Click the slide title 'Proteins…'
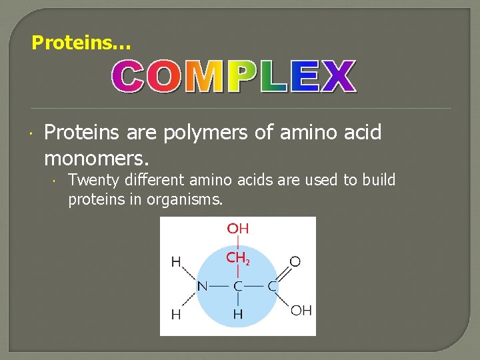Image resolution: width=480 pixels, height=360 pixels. coord(81,43)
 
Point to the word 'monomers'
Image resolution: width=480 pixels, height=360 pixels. coord(95,159)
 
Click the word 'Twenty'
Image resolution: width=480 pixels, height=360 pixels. coord(93,180)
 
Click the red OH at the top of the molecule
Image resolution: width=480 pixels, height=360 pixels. coord(237,229)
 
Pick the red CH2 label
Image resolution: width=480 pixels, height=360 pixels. coord(237,258)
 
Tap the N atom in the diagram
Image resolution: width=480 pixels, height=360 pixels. coord(202,287)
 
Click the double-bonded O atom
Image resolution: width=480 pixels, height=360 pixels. coord(295,262)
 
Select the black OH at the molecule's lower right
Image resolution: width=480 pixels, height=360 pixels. coord(301,311)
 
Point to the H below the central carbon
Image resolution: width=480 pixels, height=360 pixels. coord(237,313)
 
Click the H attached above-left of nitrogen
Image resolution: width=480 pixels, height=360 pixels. coord(176,262)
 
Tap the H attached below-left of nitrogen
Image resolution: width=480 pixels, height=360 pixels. coord(176,314)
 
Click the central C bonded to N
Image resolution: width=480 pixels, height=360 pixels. coord(237,287)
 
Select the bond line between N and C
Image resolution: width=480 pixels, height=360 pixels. coord(219,287)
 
